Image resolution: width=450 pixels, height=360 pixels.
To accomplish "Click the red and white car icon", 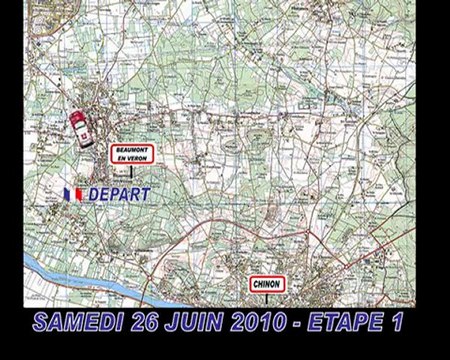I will pyautogui.click(x=77, y=129).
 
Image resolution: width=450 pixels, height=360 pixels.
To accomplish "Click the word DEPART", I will pyautogui.click(x=116, y=191).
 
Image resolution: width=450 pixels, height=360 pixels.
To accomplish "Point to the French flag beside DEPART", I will pyautogui.click(x=72, y=191).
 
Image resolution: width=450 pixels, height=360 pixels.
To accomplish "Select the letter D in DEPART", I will pyautogui.click(x=91, y=191).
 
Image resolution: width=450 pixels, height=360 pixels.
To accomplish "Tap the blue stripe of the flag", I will pyautogui.click(x=66, y=191).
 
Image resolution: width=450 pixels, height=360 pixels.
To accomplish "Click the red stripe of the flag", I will pyautogui.click(x=78, y=191).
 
